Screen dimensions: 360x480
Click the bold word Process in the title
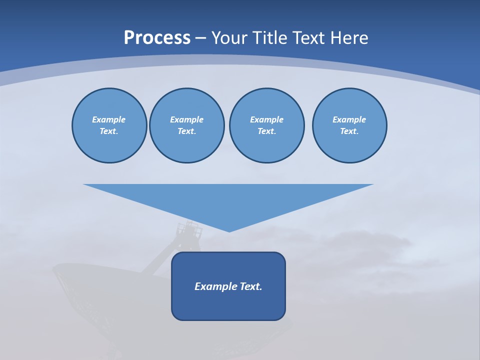click(157, 38)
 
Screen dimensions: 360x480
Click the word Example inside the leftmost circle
click(109, 119)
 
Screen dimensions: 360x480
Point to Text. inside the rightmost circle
click(349, 131)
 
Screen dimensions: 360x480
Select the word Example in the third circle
click(266, 119)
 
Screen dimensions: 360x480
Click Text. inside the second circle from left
click(186, 131)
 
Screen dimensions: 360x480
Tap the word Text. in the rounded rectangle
click(251, 286)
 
